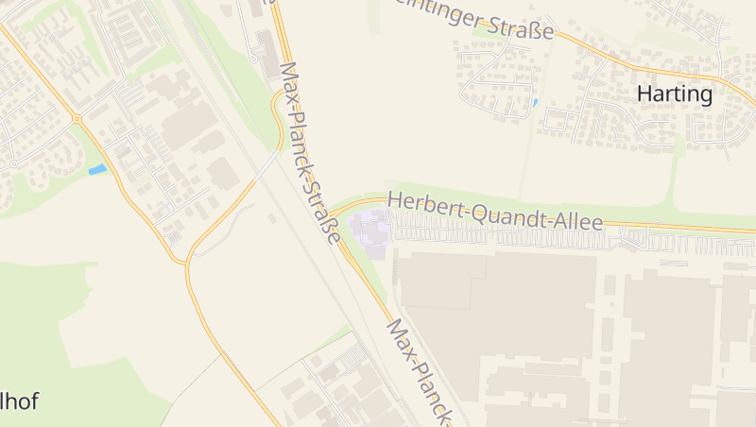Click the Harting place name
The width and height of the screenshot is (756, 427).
point(674,94)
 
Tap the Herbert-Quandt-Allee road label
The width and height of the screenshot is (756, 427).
point(495,212)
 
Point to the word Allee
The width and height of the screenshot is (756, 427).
point(578,222)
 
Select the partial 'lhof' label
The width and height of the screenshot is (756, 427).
point(19,401)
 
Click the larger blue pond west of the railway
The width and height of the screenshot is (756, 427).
point(97,170)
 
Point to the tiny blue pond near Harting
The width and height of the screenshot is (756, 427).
point(535,102)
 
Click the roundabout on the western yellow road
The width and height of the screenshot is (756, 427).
point(77,118)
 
